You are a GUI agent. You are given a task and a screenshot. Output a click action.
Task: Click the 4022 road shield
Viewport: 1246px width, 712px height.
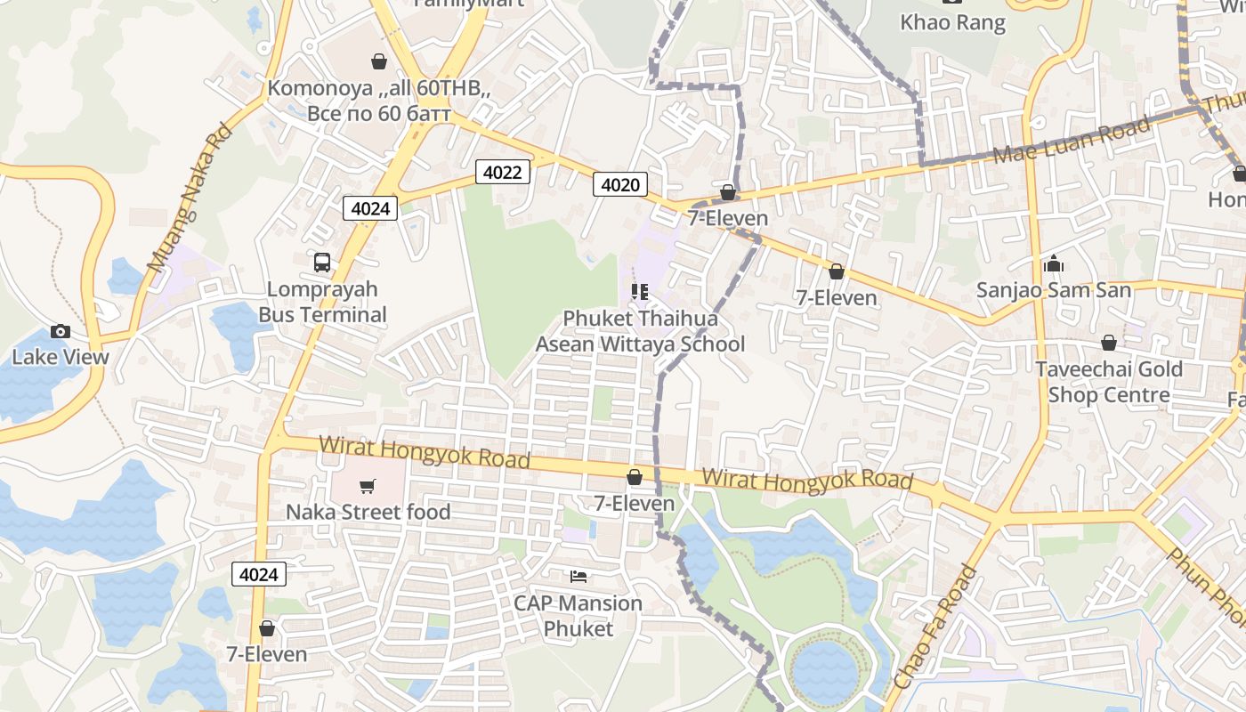coord(502,172)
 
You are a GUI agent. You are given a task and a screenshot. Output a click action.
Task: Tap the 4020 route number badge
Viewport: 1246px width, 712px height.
coord(620,184)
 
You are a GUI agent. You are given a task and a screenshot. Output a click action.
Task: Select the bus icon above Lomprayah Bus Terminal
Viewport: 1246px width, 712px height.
coord(322,263)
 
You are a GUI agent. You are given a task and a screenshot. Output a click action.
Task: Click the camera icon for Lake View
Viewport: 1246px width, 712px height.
coord(61,332)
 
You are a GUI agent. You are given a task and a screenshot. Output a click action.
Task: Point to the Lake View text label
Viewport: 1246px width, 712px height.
coord(61,357)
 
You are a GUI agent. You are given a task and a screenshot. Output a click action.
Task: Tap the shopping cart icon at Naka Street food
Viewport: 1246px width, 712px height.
coord(367,486)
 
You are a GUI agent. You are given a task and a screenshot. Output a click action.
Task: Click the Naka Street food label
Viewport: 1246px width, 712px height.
coord(368,512)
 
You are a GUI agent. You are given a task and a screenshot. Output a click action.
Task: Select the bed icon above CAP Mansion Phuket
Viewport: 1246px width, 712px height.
coord(578,577)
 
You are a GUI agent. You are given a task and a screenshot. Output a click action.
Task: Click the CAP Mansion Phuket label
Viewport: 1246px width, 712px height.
coord(578,616)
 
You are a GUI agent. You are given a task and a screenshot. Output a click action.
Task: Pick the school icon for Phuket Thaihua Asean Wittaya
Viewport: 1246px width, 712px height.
coord(639,291)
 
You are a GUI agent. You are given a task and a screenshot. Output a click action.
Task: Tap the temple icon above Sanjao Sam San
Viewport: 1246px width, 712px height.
coord(1054,263)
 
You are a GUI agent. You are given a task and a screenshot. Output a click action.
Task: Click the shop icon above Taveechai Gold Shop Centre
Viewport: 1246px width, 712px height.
coord(1109,343)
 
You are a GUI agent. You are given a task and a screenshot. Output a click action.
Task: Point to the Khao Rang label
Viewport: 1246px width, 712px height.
coord(952,22)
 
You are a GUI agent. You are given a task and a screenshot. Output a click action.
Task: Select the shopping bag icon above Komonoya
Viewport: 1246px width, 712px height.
coord(379,61)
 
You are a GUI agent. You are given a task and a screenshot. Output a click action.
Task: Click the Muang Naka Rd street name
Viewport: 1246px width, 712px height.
coord(189,198)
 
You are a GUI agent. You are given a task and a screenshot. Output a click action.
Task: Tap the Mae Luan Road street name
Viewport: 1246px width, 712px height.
coord(1072,141)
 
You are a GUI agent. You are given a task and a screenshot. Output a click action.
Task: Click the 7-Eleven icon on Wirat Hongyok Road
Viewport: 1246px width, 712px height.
coord(635,478)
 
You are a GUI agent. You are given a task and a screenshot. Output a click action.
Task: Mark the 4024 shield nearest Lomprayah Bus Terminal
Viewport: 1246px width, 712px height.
coord(370,208)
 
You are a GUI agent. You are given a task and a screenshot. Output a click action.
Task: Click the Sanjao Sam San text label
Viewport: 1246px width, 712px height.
coord(1054,290)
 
